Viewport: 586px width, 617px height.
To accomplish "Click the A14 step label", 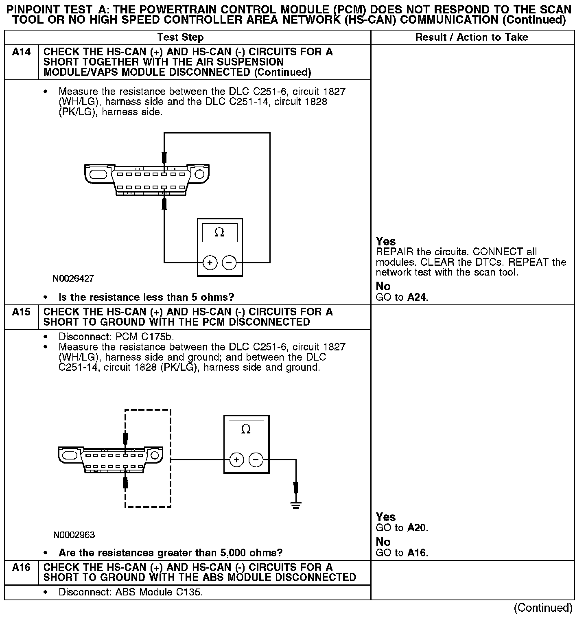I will [x=21, y=52].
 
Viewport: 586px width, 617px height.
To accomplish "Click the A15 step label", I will [x=21, y=312].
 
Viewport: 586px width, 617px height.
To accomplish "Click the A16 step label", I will [x=21, y=567].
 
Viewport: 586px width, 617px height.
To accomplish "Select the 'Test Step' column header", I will [x=180, y=37].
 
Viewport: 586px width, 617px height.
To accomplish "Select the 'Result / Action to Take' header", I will [x=471, y=37].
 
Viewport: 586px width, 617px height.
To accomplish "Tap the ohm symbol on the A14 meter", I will [x=219, y=232].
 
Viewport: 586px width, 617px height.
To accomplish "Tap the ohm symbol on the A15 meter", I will [x=246, y=429].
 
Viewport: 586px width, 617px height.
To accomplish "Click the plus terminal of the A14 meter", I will [x=210, y=263].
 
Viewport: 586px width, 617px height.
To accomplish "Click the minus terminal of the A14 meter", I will [x=229, y=263].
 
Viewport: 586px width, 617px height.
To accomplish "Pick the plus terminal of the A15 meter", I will [x=237, y=460].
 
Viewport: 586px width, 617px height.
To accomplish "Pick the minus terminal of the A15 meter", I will [x=256, y=460].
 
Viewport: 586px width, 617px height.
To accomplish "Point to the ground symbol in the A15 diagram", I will [x=296, y=505].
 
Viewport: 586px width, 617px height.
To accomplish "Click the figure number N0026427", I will [x=73, y=279].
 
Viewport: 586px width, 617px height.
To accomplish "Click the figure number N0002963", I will [x=74, y=535].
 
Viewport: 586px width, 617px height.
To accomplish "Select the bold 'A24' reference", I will [x=417, y=298].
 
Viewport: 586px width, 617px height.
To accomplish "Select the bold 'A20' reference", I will [x=417, y=528].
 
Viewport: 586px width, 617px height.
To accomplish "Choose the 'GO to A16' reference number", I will [x=417, y=553].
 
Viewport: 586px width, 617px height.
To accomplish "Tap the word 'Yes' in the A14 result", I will [x=386, y=241].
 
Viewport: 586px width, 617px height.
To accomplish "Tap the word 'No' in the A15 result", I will [x=383, y=542].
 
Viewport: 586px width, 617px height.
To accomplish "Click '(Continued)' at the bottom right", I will [x=543, y=608].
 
